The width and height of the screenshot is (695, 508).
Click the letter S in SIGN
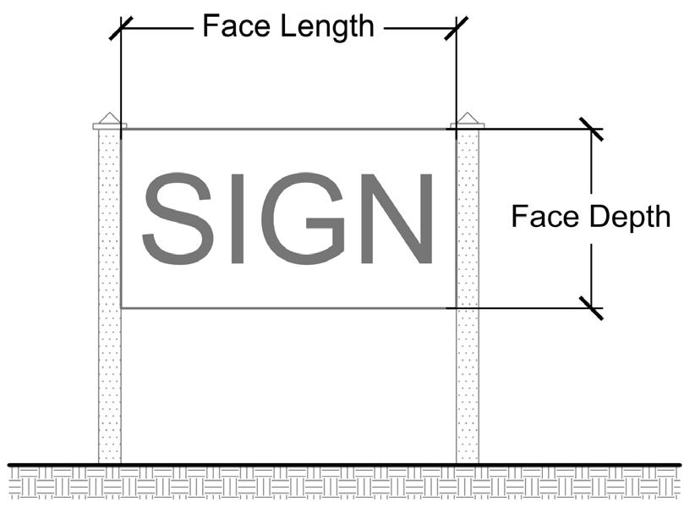tap(178, 218)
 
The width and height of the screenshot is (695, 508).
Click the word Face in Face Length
tap(233, 26)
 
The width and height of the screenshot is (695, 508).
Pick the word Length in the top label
tap(326, 26)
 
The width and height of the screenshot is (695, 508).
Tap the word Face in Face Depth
tap(542, 218)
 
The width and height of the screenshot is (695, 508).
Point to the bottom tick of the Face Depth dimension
tap(591, 308)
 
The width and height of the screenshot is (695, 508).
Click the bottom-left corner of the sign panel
tap(122, 307)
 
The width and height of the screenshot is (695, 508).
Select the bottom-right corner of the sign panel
tap(457, 307)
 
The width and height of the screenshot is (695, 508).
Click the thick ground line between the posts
tap(287, 464)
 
